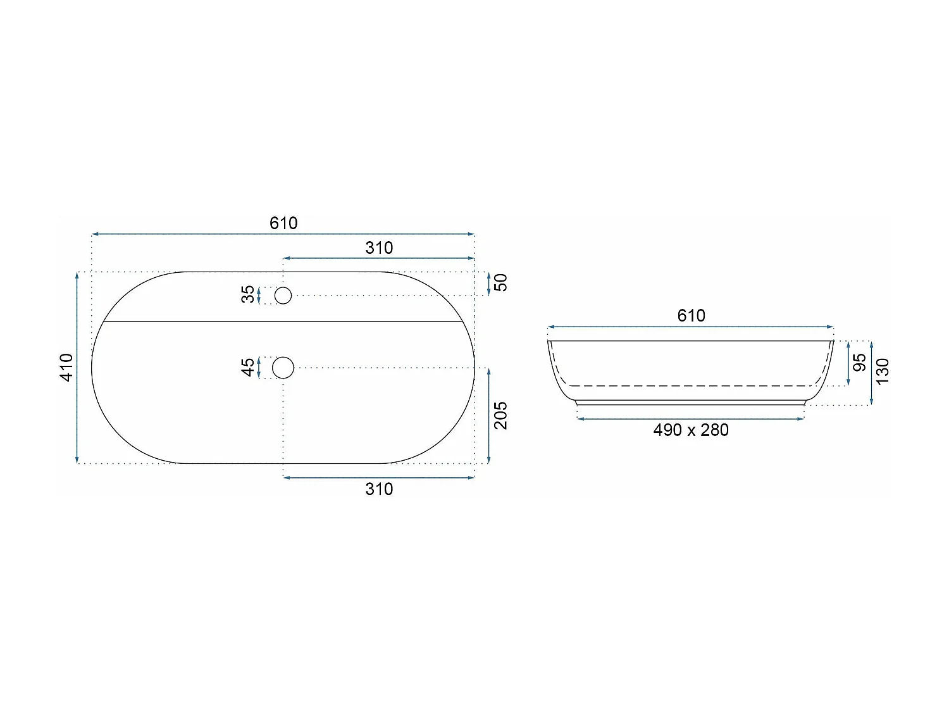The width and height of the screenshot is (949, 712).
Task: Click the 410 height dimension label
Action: pos(66,368)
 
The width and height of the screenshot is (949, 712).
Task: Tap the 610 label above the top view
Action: pos(283,223)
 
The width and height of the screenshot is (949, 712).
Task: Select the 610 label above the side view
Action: pos(691,316)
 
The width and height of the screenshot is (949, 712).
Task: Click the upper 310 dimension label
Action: pos(379,247)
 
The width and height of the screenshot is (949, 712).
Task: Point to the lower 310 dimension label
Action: pos(379,489)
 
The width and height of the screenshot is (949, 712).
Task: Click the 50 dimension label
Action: pos(500,283)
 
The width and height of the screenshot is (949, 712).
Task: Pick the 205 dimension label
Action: pos(500,415)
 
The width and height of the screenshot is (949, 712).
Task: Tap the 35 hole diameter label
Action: pos(248,294)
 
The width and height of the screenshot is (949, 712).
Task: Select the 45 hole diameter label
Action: pos(248,368)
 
